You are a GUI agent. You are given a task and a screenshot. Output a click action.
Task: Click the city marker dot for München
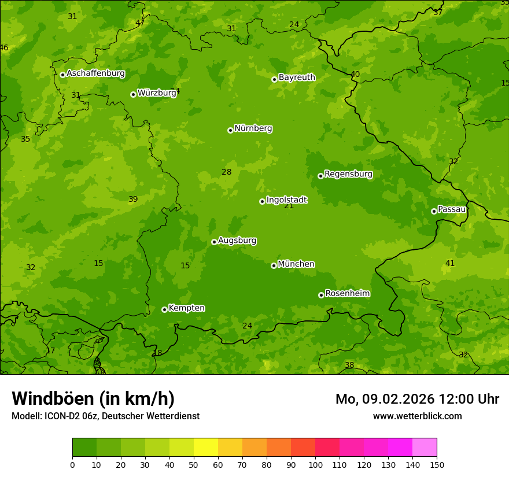(x=274, y=265)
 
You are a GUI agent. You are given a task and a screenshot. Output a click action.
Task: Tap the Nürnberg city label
(x=253, y=128)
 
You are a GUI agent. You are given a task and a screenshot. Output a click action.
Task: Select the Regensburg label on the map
(x=348, y=174)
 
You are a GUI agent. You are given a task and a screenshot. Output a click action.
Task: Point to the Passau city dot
(x=434, y=211)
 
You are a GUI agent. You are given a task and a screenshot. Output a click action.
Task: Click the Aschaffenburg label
(x=95, y=73)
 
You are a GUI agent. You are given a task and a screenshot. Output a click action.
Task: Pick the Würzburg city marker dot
(x=133, y=94)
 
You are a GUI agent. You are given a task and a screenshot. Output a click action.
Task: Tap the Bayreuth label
(x=297, y=77)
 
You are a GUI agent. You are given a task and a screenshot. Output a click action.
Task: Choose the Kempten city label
(x=186, y=308)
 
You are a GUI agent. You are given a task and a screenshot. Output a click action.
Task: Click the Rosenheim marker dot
(x=321, y=295)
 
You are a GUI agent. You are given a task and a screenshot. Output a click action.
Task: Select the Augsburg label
(x=237, y=241)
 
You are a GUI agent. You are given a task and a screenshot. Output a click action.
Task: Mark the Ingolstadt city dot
(x=262, y=201)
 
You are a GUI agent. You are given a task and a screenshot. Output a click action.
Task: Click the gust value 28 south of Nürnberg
(x=226, y=172)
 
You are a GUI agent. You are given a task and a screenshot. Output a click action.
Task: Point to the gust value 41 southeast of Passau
(x=450, y=263)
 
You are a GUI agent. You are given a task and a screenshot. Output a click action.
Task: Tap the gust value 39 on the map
(x=133, y=199)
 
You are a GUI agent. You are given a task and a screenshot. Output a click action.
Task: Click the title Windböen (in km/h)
(x=93, y=398)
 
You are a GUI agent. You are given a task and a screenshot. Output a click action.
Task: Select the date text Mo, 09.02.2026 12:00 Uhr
(x=417, y=399)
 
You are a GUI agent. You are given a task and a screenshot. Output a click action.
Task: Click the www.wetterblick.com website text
(x=417, y=416)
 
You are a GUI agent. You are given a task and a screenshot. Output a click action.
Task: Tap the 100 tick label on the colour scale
(x=315, y=464)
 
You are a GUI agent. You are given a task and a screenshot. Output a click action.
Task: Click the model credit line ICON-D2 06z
(x=105, y=416)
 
